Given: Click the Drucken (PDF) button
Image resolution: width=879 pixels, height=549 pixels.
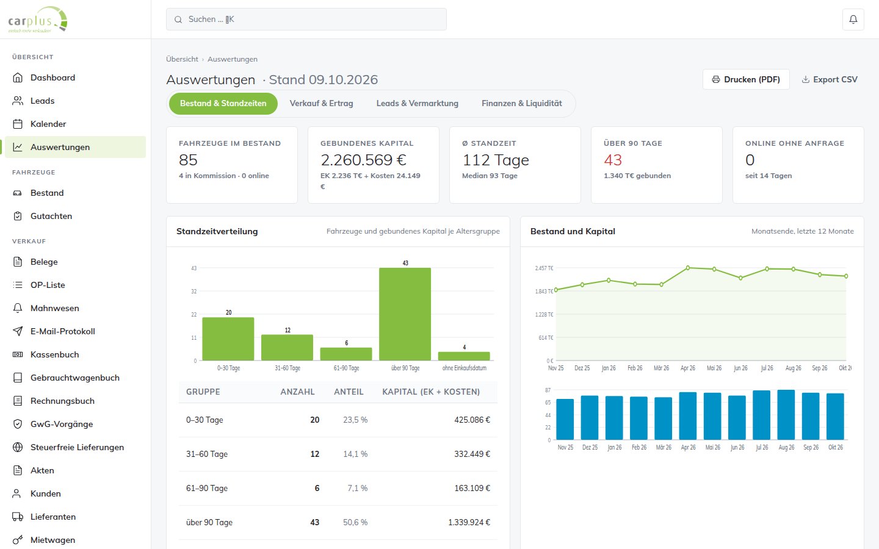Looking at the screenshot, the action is [745, 79].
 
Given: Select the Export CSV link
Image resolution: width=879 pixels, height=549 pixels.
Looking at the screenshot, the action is [829, 79].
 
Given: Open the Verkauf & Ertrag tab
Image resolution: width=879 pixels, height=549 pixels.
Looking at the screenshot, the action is [321, 104].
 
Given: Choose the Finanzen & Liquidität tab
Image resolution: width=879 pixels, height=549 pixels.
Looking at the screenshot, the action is [521, 104].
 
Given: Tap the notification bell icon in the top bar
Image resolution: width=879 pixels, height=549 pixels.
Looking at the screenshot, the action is [853, 20].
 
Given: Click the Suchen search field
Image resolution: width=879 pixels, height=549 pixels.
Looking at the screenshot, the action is [306, 20].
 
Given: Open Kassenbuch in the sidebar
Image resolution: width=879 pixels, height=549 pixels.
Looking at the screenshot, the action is [54, 354].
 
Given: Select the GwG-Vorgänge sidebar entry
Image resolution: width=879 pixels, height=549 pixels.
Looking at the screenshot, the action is [62, 424].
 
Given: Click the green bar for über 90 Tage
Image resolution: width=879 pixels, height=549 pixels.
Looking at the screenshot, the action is [405, 314].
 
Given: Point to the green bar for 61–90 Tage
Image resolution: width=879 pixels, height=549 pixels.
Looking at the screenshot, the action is [346, 354].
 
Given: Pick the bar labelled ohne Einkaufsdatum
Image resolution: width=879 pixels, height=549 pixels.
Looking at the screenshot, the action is [464, 356].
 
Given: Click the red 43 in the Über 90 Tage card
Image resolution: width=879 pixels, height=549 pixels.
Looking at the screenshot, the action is [613, 160].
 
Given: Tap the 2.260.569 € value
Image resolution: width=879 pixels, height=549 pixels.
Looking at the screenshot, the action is [363, 160].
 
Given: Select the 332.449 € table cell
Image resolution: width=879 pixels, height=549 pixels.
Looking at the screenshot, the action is [472, 454].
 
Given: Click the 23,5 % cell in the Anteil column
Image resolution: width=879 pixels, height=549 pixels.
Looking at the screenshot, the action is [355, 420].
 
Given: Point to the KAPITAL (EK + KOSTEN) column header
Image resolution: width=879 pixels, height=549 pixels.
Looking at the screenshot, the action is [431, 392].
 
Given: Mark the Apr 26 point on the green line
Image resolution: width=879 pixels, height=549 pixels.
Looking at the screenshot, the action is [688, 268].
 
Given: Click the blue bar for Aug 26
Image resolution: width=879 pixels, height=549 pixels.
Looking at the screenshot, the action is [786, 415].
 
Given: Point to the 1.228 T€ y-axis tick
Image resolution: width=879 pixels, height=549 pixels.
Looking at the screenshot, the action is [544, 315].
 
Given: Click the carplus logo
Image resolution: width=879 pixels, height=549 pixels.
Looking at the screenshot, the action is [38, 20].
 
